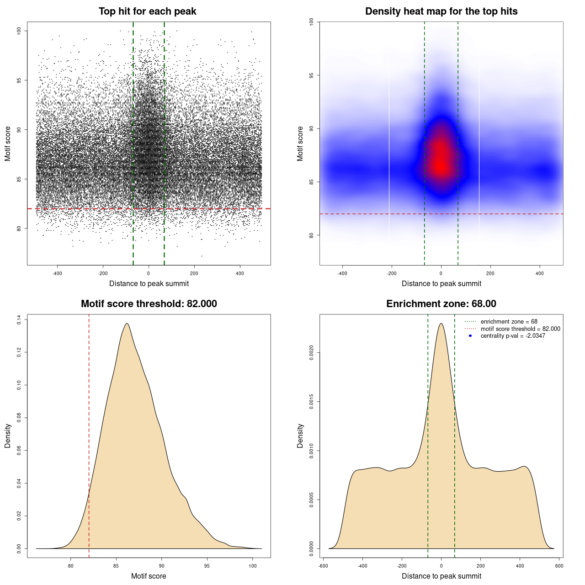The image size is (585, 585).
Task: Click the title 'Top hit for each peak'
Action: click(147, 11)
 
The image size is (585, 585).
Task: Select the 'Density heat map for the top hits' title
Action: click(441, 11)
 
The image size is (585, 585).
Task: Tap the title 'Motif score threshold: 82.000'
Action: click(149, 304)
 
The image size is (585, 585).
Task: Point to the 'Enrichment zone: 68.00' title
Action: click(441, 304)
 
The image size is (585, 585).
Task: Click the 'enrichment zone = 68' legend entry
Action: click(509, 322)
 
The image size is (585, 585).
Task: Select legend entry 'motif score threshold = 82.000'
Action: click(520, 329)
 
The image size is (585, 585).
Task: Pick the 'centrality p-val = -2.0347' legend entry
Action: click(513, 336)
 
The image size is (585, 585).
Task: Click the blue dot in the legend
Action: click(470, 336)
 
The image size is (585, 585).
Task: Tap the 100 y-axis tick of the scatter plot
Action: click(19, 31)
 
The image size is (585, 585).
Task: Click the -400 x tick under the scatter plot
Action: click(57, 273)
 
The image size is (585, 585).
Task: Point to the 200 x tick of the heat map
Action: click(490, 273)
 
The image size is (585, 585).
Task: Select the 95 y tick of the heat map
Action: click(312, 75)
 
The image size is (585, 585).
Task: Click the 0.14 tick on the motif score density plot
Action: click(19, 320)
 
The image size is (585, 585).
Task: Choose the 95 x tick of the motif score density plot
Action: click(207, 566)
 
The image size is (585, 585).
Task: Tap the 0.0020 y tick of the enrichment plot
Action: click(312, 353)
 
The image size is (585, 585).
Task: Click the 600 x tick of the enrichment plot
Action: click(559, 566)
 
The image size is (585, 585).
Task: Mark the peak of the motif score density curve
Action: click(127, 324)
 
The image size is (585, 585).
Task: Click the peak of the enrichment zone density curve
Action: click(441, 324)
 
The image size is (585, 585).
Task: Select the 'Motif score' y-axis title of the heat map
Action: click(300, 144)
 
